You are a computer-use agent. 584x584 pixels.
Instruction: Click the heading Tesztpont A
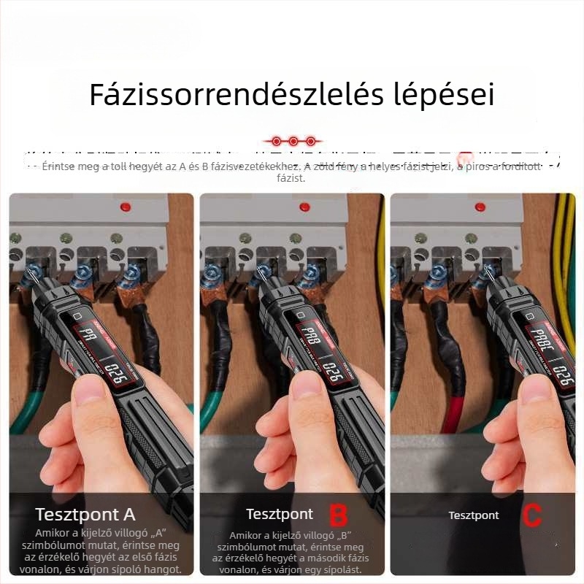point(85,515)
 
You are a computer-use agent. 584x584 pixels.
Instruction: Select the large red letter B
point(339,515)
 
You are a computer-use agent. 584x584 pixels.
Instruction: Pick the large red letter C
point(533,515)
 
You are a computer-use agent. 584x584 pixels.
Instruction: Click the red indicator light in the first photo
point(125,207)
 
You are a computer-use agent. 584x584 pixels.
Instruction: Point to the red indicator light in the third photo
point(480,207)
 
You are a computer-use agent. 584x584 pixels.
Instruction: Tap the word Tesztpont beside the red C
point(474,515)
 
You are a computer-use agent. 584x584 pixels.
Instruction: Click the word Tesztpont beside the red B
point(280,515)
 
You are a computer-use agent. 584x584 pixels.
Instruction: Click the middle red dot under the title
point(293,140)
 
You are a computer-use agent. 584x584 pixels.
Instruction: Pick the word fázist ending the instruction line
point(291,178)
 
